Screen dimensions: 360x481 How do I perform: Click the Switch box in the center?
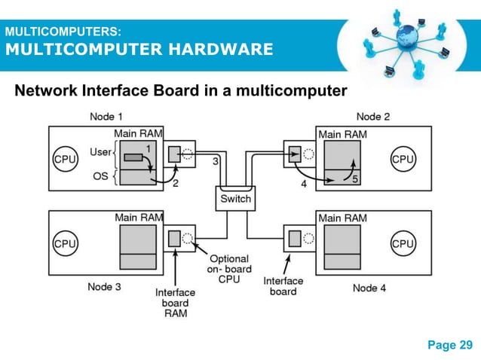point(234,199)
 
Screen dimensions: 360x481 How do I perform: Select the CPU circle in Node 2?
point(403,159)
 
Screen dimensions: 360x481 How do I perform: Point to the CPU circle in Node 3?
point(61,244)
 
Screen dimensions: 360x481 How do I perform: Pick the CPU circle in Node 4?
point(403,244)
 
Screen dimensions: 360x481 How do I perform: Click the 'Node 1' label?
point(107,116)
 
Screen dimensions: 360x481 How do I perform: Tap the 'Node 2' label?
point(373,116)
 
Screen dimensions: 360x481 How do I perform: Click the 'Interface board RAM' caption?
point(175,302)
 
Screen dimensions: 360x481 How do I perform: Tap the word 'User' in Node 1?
point(100,152)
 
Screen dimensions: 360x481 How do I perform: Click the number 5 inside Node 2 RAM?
point(355,178)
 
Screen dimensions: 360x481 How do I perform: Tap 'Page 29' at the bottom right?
point(450,345)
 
